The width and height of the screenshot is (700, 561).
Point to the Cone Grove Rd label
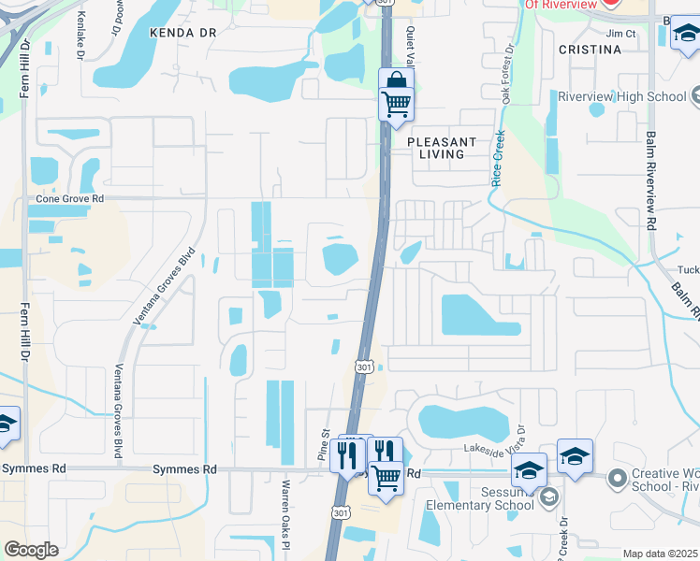coord(69,199)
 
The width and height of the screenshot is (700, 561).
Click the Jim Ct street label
coord(620,34)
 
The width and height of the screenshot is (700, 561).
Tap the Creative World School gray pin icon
coord(617,480)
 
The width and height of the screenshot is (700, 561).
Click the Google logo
coord(31,550)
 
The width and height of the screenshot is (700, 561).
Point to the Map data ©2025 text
coord(660,554)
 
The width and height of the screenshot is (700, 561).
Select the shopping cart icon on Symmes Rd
coord(386,477)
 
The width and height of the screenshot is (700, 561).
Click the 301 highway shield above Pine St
coord(365,367)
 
